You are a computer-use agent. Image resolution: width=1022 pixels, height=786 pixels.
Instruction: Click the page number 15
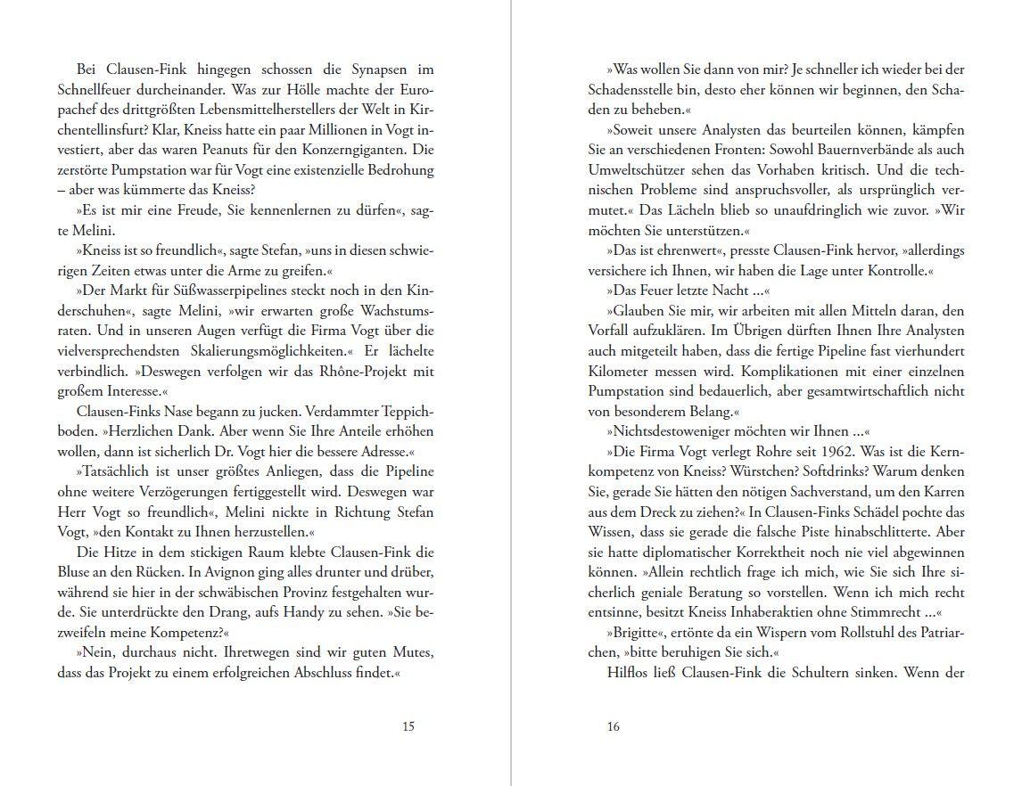pos(408,726)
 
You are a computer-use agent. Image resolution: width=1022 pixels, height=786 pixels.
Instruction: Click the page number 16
pos(613,726)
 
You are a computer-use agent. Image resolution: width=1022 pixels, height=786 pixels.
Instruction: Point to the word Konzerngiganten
pos(358,149)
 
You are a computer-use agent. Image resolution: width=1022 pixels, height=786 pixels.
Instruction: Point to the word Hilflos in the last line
pos(631,673)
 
